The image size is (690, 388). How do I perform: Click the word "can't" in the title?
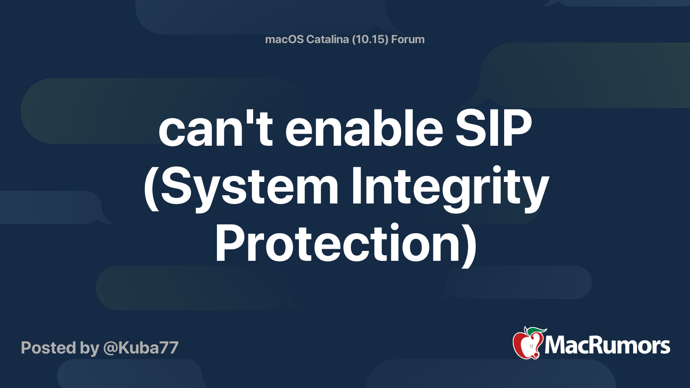(215, 128)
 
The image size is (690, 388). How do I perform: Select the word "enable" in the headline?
(364, 128)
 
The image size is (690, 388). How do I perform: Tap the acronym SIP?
(493, 128)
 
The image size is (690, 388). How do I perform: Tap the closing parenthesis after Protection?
(469, 244)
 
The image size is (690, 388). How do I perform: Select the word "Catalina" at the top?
(328, 39)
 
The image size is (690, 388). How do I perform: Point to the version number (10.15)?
(370, 39)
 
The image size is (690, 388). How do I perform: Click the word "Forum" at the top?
(408, 39)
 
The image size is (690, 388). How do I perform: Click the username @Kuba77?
(141, 348)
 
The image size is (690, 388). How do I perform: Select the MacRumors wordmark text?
(607, 346)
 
